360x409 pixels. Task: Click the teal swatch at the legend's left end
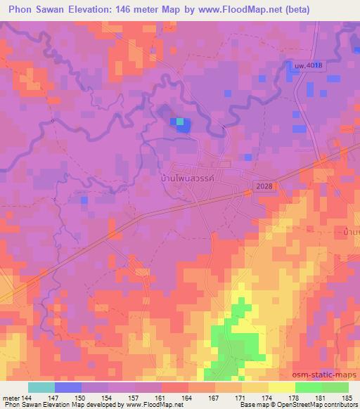click(41, 387)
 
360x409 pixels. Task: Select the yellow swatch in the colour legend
click(282, 387)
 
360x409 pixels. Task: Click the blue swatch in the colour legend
click(68, 387)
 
